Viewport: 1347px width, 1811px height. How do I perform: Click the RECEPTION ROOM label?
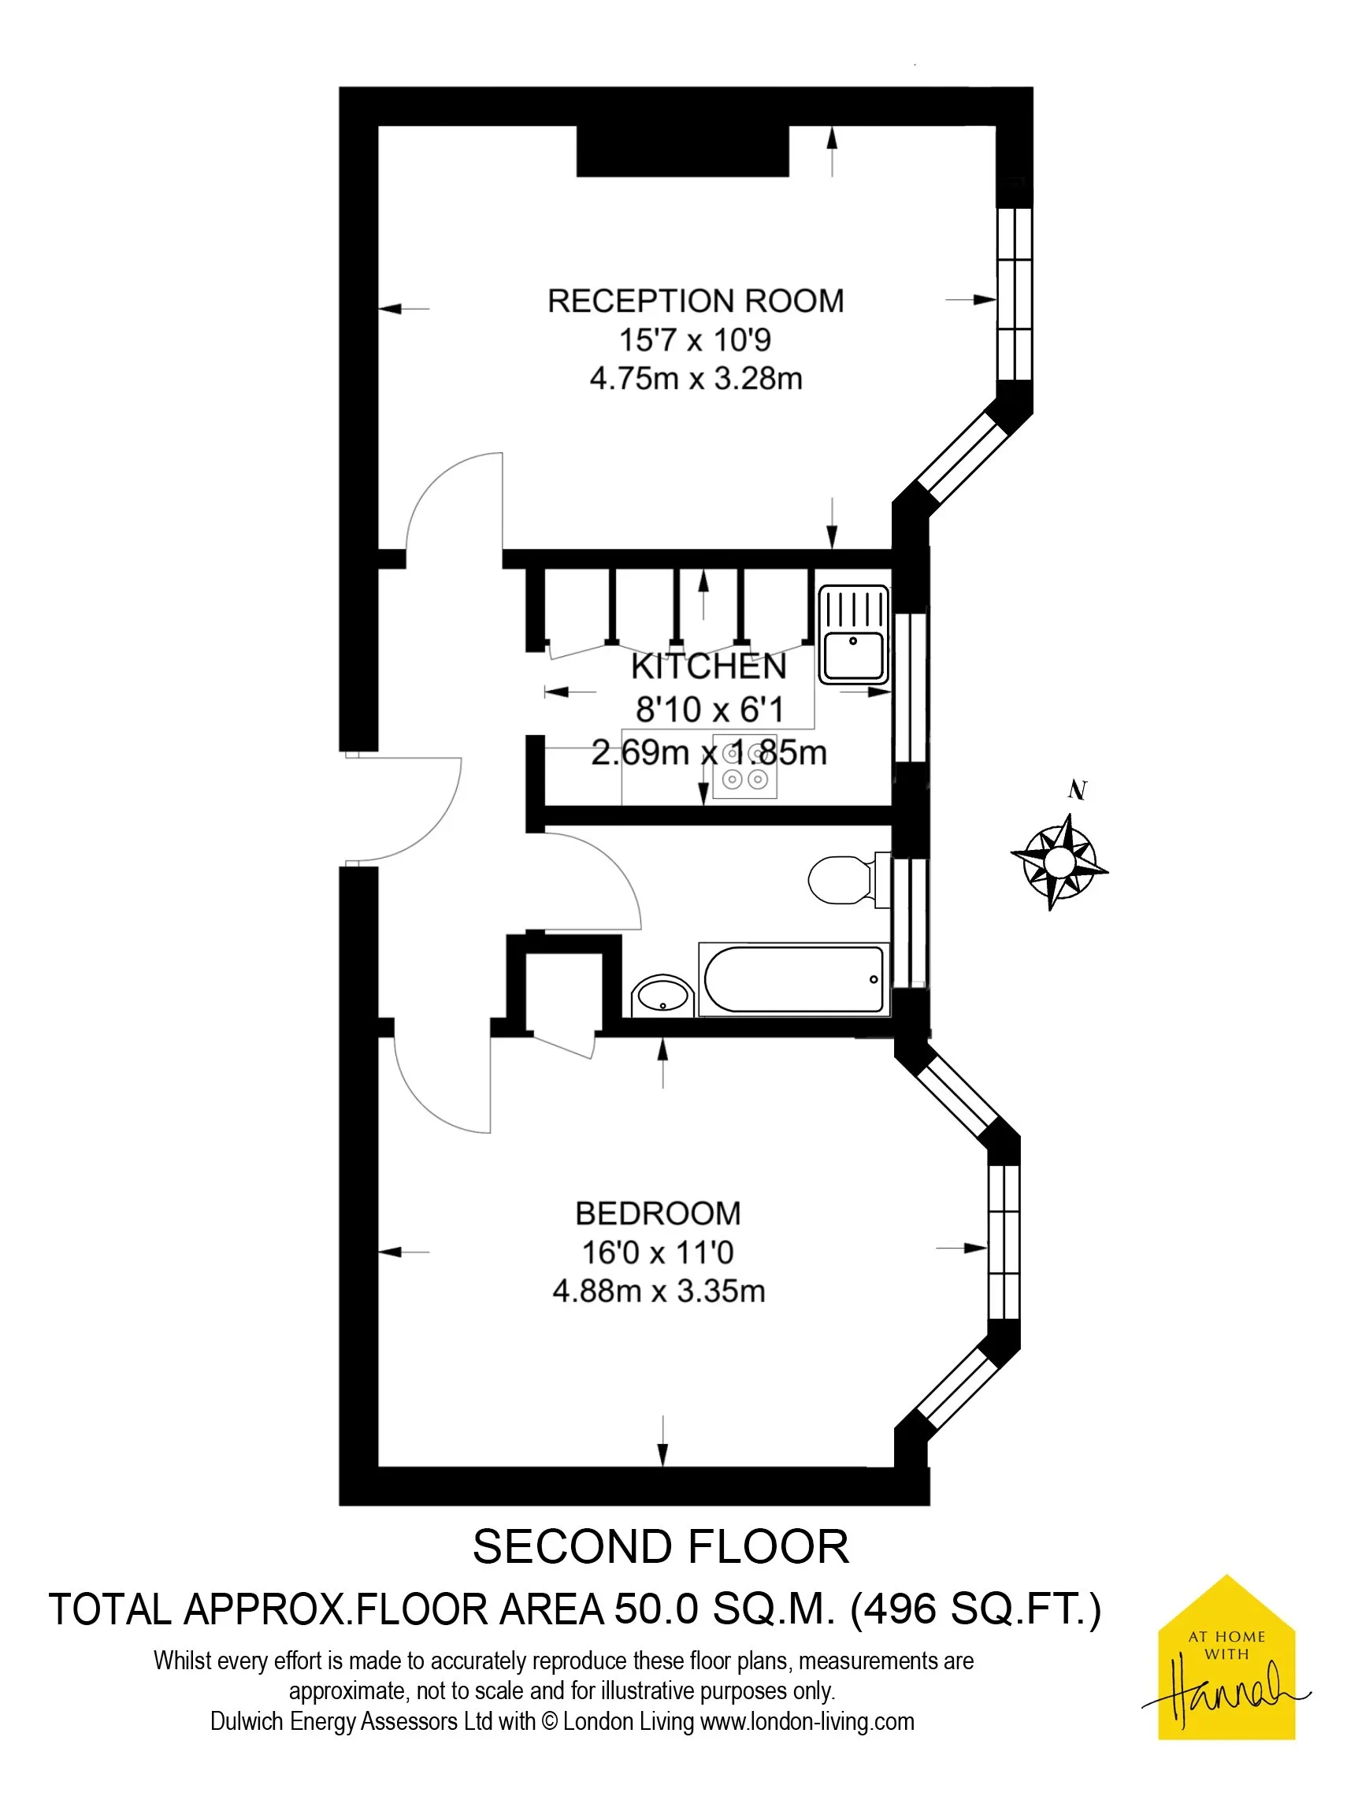(696, 301)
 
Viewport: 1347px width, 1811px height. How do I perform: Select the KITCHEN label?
(709, 666)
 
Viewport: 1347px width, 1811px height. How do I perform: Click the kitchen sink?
(853, 634)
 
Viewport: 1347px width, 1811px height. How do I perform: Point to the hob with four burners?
(745, 766)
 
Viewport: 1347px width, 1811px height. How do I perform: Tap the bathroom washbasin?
(663, 995)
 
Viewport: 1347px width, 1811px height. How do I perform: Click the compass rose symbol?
(1059, 861)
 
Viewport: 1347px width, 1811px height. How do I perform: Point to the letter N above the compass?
(1077, 789)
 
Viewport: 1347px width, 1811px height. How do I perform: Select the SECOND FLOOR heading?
(660, 1547)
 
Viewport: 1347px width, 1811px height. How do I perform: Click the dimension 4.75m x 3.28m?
(696, 378)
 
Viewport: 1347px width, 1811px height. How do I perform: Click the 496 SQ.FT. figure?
(975, 1609)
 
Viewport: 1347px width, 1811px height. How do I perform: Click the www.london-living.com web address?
(807, 1721)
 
